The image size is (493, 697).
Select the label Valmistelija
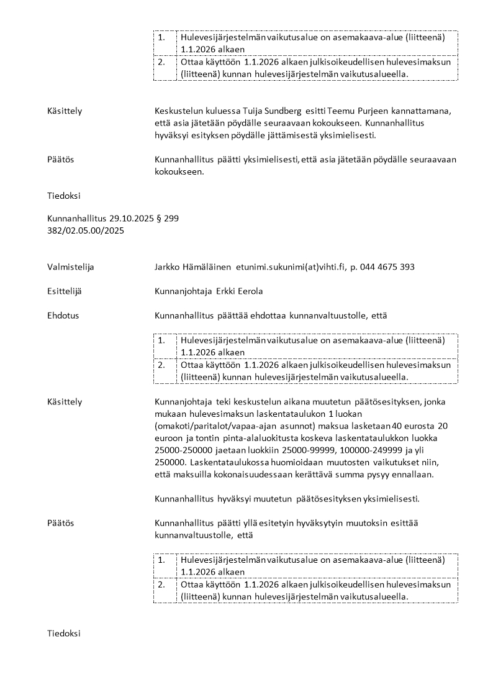coord(71,267)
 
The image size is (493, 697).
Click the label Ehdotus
coord(63,316)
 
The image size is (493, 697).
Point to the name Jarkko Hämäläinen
coord(192,267)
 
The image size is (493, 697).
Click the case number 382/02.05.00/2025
coord(86,230)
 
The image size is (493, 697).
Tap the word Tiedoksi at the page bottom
coord(63,634)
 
